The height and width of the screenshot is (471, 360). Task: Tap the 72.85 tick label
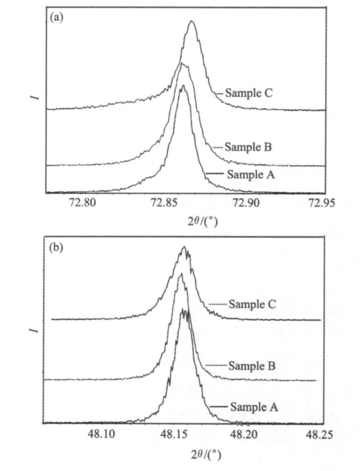click(x=164, y=203)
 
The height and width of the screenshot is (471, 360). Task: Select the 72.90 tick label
click(x=246, y=203)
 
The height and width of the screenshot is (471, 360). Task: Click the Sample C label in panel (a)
click(x=248, y=93)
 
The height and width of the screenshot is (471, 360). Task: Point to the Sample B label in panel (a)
click(x=248, y=147)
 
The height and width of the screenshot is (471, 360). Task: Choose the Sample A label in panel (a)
click(x=251, y=174)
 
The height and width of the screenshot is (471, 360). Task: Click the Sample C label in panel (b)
click(x=252, y=304)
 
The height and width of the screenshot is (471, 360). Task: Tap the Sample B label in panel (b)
click(x=252, y=366)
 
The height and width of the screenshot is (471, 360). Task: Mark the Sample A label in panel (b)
click(x=254, y=407)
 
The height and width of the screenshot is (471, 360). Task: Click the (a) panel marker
click(x=56, y=18)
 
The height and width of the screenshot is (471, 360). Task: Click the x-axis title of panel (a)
click(x=203, y=221)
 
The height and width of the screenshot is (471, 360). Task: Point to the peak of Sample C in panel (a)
click(x=192, y=21)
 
